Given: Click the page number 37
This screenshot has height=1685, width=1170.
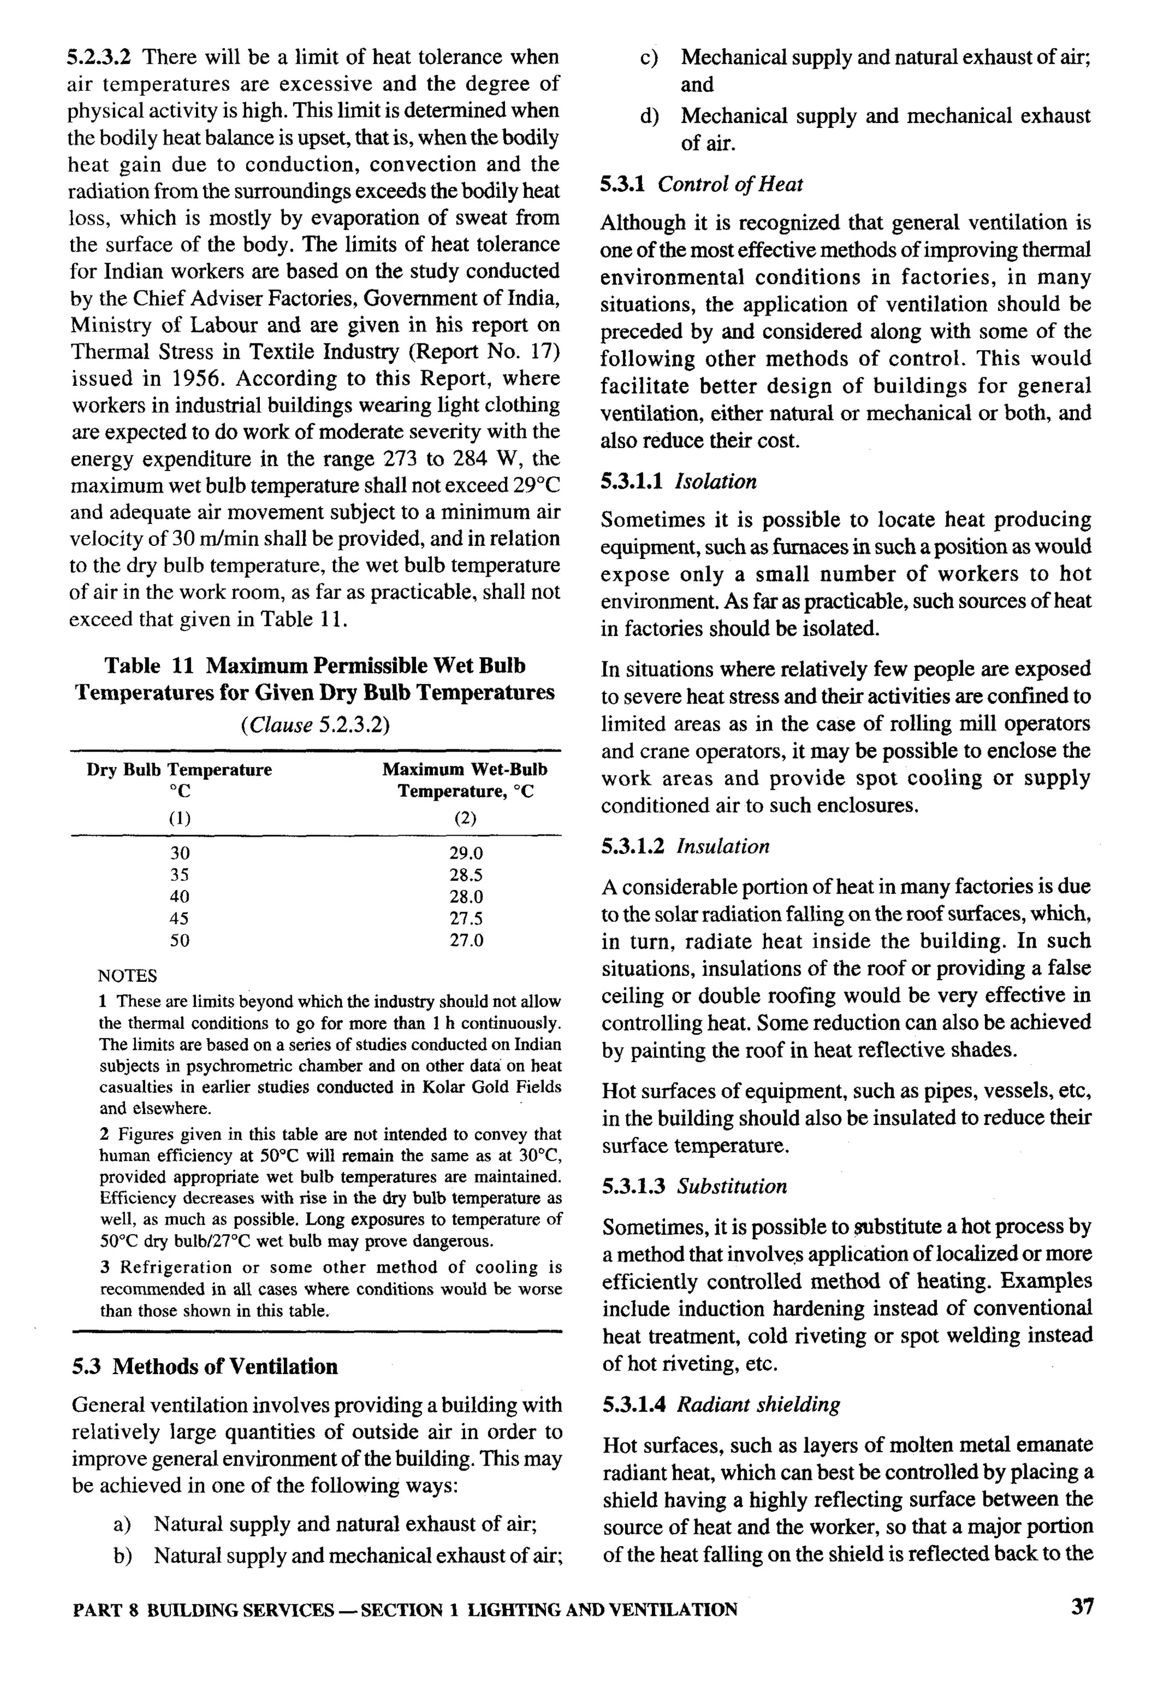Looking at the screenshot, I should [1081, 1607].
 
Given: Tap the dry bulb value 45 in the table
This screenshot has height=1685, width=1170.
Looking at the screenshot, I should [179, 918].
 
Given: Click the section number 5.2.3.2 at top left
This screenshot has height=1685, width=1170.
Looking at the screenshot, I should [103, 57].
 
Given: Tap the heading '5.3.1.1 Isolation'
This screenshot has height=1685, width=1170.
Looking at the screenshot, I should [679, 481].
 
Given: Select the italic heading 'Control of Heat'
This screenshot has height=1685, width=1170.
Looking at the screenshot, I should [730, 184].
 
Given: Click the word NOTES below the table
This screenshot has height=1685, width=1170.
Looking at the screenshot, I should [127, 975].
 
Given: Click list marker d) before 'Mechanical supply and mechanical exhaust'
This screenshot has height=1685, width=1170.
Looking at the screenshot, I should [649, 116].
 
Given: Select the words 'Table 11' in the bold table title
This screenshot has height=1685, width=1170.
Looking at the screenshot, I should [149, 665].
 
